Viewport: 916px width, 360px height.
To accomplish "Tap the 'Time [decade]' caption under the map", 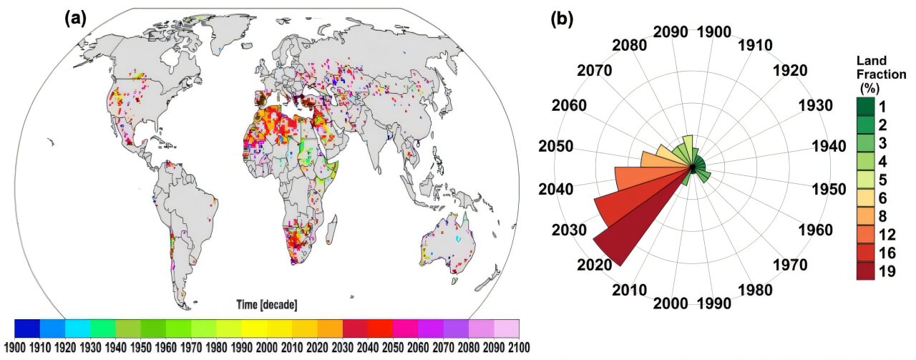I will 266,305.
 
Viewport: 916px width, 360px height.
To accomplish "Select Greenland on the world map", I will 218,32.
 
